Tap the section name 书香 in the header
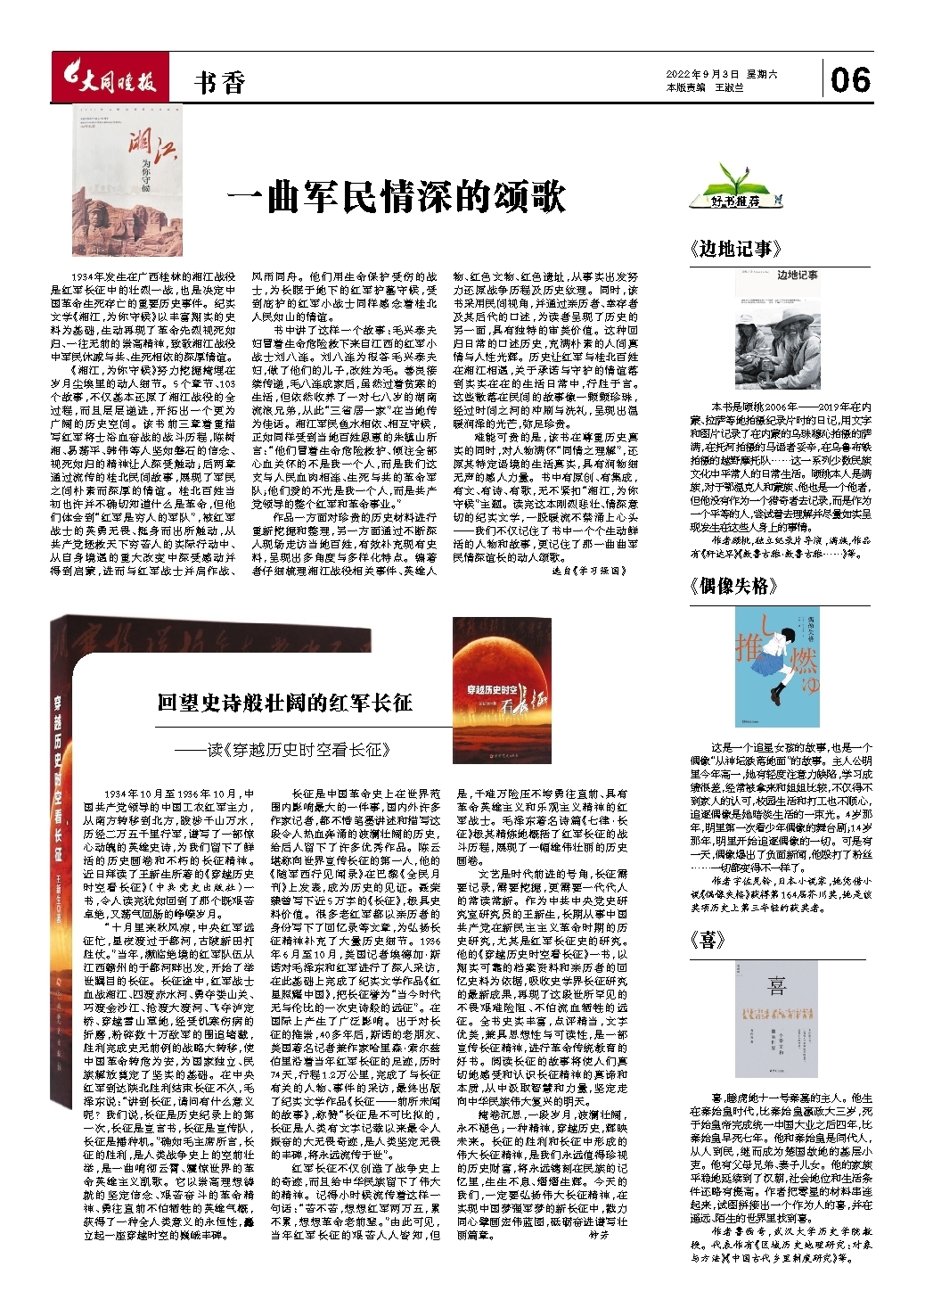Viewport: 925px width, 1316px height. coord(219,83)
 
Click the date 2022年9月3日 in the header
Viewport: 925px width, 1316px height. coord(703,75)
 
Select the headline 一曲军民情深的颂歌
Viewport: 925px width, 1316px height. coord(397,196)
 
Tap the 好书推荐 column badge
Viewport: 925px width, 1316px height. coord(736,195)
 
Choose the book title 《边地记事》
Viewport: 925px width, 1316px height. coord(735,249)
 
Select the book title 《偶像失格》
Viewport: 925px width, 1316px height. coord(729,586)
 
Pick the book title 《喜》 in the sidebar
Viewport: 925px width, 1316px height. coord(708,940)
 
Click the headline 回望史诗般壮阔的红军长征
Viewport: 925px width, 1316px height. coord(284,703)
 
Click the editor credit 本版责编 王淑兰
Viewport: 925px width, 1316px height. coord(704,88)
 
